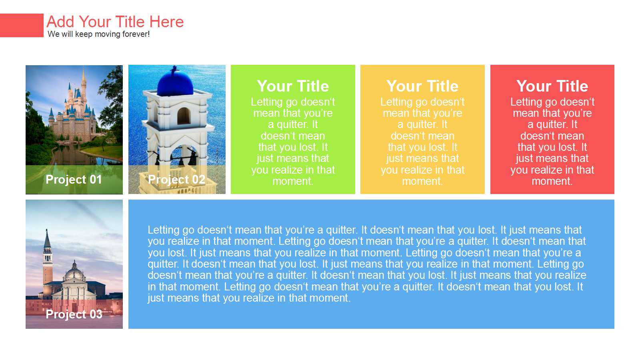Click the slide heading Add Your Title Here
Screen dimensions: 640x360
(115, 22)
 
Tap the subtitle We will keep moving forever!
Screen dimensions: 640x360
(98, 34)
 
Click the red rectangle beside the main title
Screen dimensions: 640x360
(22, 26)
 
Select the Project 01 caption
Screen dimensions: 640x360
(74, 180)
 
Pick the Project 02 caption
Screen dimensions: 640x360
(176, 180)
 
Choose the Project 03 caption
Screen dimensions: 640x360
(74, 314)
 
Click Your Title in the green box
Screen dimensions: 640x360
(293, 86)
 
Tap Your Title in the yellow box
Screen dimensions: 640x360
(422, 86)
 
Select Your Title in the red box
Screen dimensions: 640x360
(552, 86)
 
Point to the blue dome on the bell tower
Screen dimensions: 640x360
(175, 82)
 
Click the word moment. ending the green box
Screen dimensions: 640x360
(293, 182)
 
